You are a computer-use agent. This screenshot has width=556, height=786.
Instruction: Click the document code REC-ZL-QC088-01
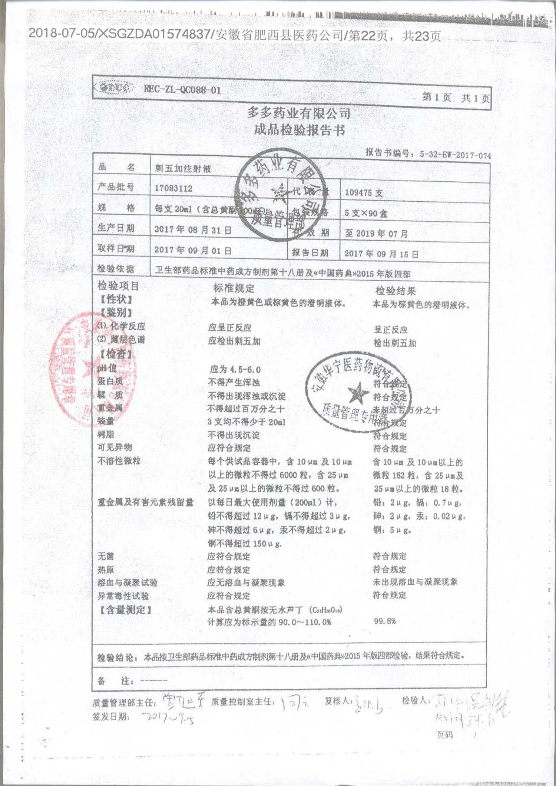click(x=182, y=90)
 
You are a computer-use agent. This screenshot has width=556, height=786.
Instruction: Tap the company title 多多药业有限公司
click(x=299, y=113)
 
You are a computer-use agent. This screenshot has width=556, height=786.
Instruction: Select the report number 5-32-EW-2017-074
click(x=455, y=155)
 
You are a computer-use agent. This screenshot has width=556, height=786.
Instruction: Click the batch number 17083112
click(x=173, y=188)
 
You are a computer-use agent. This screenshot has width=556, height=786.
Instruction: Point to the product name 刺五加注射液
click(x=183, y=169)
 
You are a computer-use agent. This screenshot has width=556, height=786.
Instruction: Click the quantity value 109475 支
click(x=364, y=193)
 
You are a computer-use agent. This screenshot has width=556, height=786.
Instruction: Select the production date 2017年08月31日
click(x=193, y=229)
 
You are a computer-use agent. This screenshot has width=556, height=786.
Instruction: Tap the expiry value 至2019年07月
click(x=376, y=234)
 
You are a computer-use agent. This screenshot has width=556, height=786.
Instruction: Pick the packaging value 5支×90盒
click(x=366, y=213)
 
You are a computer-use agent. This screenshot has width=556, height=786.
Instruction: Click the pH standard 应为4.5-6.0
click(x=235, y=369)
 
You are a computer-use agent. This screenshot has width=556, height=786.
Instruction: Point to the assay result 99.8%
click(x=385, y=621)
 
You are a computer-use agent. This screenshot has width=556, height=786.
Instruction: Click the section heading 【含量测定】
click(x=125, y=610)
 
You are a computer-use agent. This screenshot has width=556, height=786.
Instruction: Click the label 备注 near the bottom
click(x=113, y=681)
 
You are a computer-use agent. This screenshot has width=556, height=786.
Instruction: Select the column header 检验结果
click(x=396, y=291)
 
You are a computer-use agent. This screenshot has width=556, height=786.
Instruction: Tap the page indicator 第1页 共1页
click(x=456, y=98)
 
